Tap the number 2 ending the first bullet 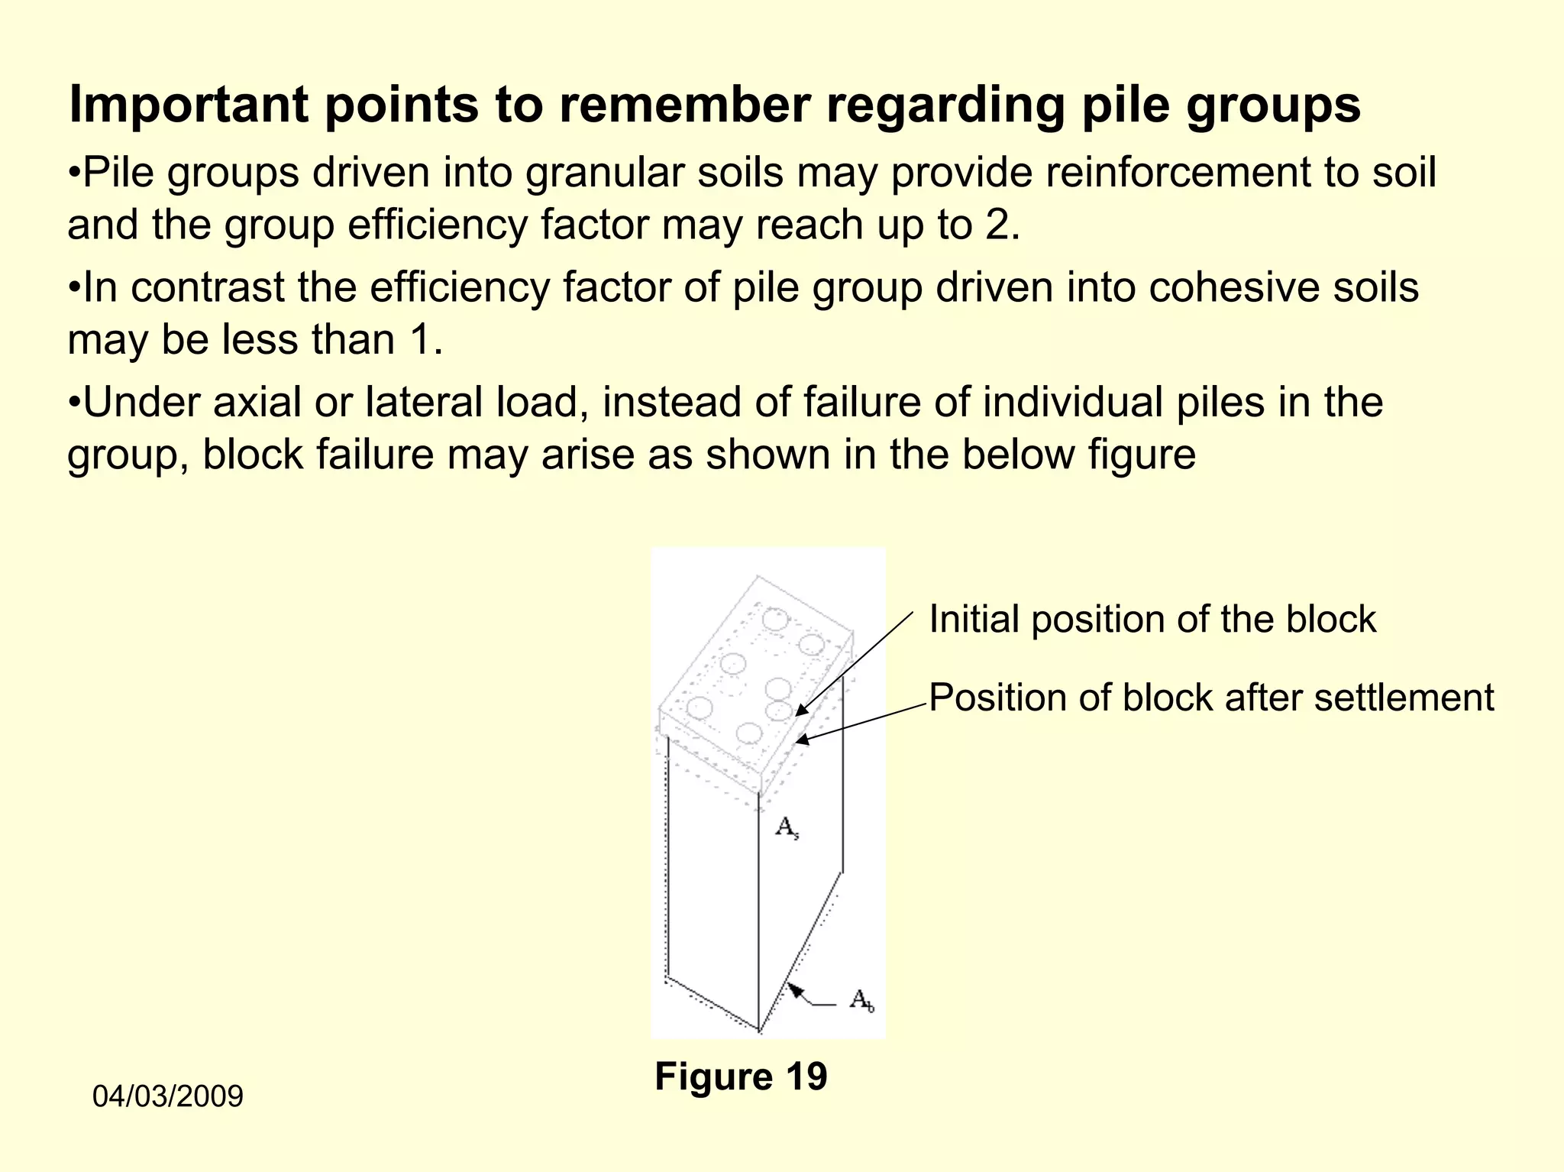[997, 225]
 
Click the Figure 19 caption [741, 1076]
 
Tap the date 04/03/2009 [167, 1096]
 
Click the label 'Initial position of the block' [1152, 619]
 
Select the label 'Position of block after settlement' [1210, 698]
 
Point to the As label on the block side [787, 827]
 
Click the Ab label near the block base [861, 999]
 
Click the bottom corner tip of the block [759, 1031]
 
